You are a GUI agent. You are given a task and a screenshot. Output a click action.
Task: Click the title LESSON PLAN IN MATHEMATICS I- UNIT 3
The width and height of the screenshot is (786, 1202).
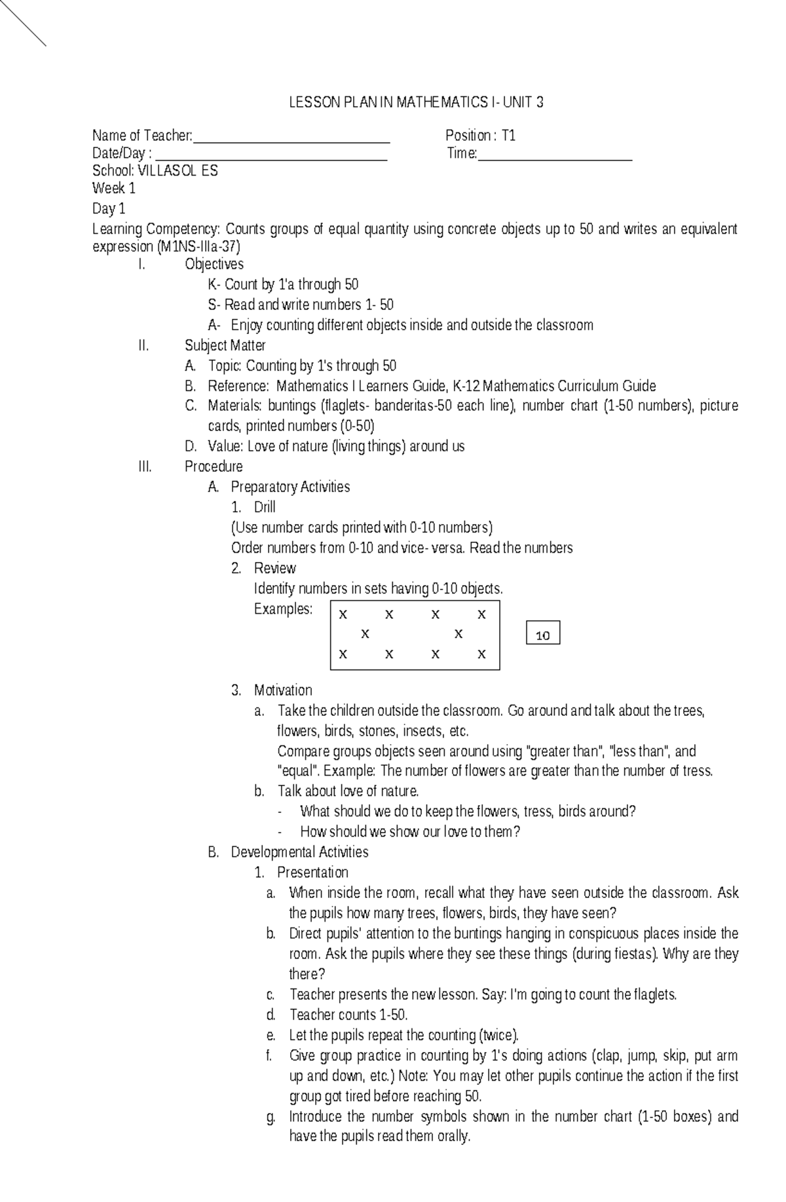[416, 103]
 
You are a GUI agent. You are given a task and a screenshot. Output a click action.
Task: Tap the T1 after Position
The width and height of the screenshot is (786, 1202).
[509, 136]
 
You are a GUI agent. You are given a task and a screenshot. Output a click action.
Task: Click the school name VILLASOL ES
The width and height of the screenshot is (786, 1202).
[178, 171]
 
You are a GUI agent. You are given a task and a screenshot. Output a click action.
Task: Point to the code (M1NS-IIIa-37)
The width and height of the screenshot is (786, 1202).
[198, 247]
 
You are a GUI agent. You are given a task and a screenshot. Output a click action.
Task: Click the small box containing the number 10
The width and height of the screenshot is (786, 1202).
[543, 634]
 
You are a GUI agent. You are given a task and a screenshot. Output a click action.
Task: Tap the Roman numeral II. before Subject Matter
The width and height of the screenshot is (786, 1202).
[144, 345]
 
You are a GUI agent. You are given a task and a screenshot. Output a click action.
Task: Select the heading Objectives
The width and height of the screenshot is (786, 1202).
[214, 264]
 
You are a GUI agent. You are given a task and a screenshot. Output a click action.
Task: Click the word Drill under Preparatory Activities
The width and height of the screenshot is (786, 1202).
[265, 507]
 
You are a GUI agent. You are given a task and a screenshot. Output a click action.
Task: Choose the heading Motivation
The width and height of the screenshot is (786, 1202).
[283, 690]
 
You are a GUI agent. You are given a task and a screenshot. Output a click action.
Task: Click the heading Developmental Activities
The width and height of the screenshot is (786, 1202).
[299, 852]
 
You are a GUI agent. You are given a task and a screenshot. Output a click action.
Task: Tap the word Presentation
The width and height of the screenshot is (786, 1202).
[312, 873]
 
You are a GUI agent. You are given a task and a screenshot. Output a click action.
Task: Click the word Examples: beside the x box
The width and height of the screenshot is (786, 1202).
[283, 609]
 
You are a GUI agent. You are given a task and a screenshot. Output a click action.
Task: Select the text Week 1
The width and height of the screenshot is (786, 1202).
[114, 189]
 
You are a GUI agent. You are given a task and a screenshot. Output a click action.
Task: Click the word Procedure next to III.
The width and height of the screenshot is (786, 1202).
[214, 466]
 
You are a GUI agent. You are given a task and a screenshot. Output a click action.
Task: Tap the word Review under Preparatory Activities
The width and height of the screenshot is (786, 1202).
[275, 568]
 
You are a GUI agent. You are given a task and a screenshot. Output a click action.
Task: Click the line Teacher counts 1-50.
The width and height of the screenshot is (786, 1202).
[348, 1015]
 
